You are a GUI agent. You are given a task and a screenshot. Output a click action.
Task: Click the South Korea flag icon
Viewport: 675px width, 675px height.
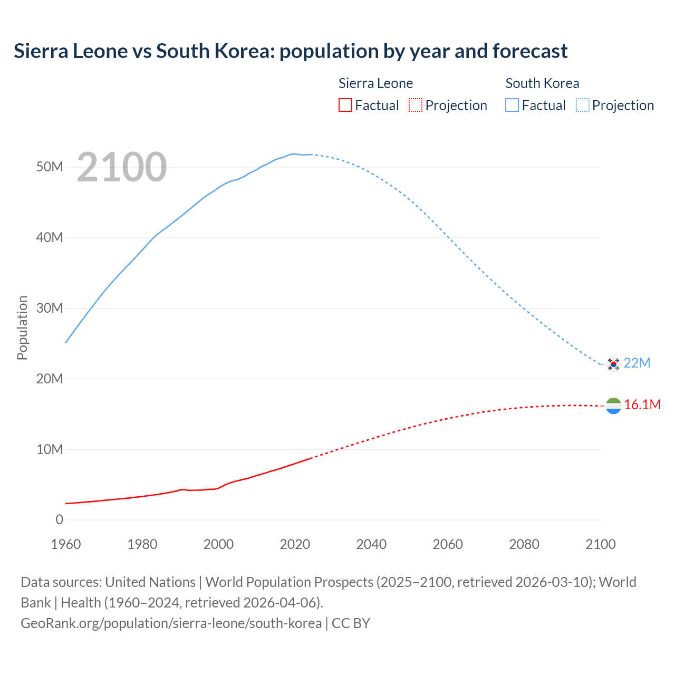click(x=613, y=363)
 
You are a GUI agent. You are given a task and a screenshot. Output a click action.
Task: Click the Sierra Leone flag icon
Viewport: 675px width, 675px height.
click(x=613, y=406)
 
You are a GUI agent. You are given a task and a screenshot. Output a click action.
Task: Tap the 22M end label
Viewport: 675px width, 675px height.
click(x=637, y=363)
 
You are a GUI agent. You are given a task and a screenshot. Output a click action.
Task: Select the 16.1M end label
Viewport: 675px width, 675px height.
click(x=642, y=404)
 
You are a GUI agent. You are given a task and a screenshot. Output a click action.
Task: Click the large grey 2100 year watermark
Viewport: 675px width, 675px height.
click(x=122, y=167)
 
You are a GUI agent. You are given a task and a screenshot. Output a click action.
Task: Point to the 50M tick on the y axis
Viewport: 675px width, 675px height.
click(x=50, y=167)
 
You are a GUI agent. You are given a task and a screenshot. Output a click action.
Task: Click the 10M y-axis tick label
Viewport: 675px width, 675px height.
click(x=50, y=449)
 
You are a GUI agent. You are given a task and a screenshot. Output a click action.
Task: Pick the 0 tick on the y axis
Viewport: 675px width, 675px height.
click(x=59, y=519)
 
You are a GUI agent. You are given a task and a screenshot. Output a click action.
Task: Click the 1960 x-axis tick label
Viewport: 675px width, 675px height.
click(x=66, y=544)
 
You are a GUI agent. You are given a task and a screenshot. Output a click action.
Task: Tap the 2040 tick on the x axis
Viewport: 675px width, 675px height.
click(x=371, y=544)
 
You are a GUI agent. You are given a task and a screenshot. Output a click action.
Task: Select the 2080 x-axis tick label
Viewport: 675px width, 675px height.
click(x=524, y=544)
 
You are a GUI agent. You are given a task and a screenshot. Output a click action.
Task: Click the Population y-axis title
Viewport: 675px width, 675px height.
click(x=22, y=327)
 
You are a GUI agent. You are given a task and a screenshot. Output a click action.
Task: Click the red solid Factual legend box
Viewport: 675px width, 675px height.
click(x=345, y=105)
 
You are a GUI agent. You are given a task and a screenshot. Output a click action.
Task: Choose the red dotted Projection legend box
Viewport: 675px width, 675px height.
click(x=416, y=105)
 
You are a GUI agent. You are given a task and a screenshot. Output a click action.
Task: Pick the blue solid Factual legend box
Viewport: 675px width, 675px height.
click(x=512, y=105)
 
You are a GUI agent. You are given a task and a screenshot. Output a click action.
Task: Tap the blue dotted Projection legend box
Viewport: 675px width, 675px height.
click(x=583, y=105)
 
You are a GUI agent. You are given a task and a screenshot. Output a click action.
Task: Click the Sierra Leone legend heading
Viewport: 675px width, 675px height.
click(x=375, y=83)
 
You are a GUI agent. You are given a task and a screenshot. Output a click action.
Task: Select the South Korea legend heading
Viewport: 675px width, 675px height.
click(x=542, y=83)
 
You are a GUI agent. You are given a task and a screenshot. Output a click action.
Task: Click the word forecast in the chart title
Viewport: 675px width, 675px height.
click(x=530, y=51)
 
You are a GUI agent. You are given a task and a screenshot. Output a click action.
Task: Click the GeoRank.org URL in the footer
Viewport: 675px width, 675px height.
click(x=171, y=623)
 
